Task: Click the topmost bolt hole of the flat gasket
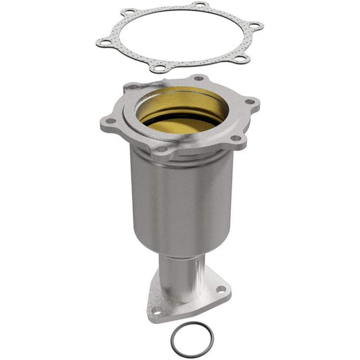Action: click(x=200, y=6)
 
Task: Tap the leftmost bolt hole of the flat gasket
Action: click(x=102, y=42)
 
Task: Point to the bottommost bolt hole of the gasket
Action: click(x=161, y=69)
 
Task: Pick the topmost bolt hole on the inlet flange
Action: click(x=199, y=79)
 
